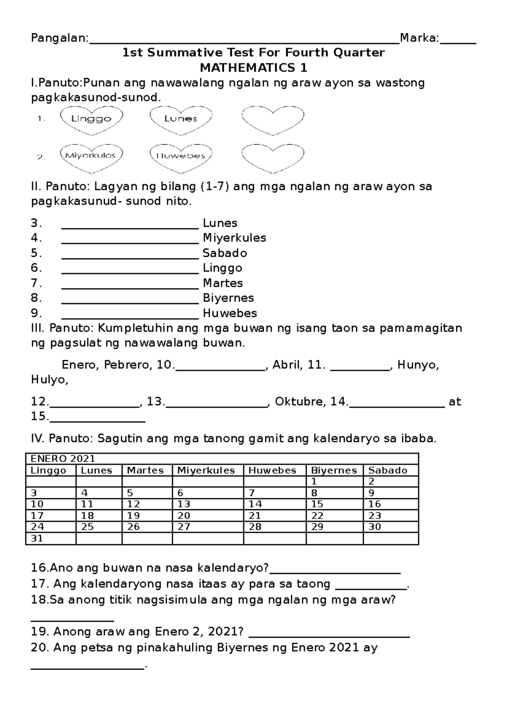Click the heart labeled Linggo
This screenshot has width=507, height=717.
91,119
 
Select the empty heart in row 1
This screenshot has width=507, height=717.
273,119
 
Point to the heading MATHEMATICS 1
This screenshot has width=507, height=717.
253,68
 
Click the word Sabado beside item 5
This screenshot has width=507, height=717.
225,253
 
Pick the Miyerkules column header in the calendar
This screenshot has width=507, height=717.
206,470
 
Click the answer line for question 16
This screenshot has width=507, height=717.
335,573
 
